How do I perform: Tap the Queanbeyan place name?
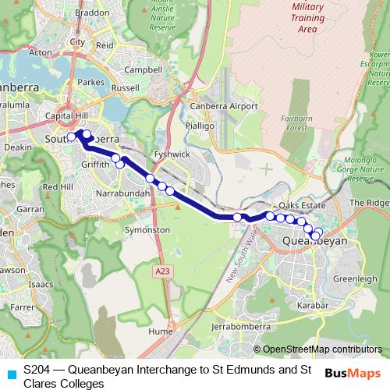tap(314, 242)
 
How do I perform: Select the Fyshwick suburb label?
tap(172, 154)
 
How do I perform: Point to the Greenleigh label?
tap(355, 278)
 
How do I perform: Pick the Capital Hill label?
tap(66, 115)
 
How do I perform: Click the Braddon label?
tap(92, 12)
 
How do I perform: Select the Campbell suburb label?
tap(144, 69)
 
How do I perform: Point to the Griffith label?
tap(94, 165)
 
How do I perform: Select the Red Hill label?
tap(58, 187)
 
